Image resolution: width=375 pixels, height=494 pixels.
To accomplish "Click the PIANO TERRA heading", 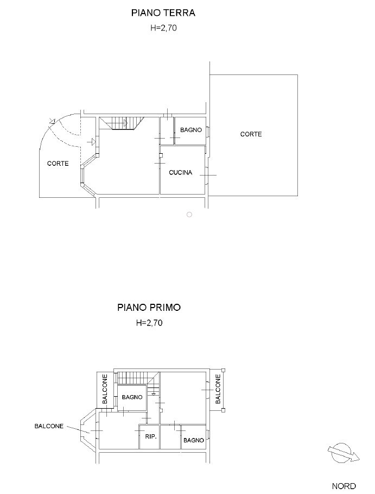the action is click(x=163, y=13).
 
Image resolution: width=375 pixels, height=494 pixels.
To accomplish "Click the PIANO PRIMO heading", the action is click(x=149, y=307).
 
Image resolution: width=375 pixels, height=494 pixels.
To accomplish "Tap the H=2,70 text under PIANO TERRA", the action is click(x=163, y=28).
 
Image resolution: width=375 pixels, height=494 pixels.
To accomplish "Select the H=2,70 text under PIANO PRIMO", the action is click(x=149, y=323).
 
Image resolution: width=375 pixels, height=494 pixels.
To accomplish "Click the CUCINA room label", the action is click(x=180, y=172).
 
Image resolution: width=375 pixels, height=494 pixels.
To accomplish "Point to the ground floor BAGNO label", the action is click(x=190, y=129).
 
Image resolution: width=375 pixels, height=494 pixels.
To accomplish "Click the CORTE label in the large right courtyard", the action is click(x=251, y=134).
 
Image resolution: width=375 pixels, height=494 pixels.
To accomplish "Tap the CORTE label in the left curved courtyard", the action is click(x=58, y=163).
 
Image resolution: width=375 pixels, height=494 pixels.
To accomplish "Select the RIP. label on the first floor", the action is click(x=151, y=436).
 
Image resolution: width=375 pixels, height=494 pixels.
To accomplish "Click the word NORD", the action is click(x=344, y=486).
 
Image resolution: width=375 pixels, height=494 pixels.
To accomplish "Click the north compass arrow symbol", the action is click(x=343, y=453).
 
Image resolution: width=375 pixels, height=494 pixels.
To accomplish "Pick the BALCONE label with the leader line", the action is click(x=49, y=426).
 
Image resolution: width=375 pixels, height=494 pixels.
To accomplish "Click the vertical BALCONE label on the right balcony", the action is click(x=218, y=389).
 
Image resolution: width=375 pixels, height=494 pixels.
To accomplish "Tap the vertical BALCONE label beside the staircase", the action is click(x=105, y=389).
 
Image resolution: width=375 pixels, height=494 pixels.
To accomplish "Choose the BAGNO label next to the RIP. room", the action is click(x=194, y=440).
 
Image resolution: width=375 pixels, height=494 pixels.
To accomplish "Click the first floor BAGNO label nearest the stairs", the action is click(x=132, y=397).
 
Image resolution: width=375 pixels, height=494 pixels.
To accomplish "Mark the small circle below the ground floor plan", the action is click(x=189, y=215).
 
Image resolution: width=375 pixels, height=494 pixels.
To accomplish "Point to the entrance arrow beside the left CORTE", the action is click(x=92, y=142).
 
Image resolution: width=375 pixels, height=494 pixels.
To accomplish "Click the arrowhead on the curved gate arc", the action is click(x=53, y=122).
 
